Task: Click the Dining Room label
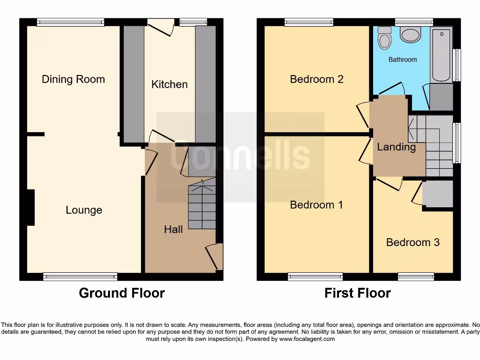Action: click(73, 79)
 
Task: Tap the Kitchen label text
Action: click(169, 84)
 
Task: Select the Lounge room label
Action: click(84, 210)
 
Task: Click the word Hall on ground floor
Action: click(173, 229)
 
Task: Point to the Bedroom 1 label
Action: click(316, 205)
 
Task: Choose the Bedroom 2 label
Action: click(316, 79)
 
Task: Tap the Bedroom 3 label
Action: click(412, 242)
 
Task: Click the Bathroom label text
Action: click(402, 60)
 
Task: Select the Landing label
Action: click(397, 147)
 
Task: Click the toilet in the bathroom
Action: click(385, 37)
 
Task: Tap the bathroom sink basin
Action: click(411, 34)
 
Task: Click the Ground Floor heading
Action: click(122, 293)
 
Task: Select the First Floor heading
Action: click(358, 293)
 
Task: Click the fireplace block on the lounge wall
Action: click(31, 207)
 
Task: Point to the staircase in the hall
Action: click(202, 206)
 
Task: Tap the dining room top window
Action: click(71, 22)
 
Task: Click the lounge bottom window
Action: click(80, 277)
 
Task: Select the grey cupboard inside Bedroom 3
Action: click(437, 194)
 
